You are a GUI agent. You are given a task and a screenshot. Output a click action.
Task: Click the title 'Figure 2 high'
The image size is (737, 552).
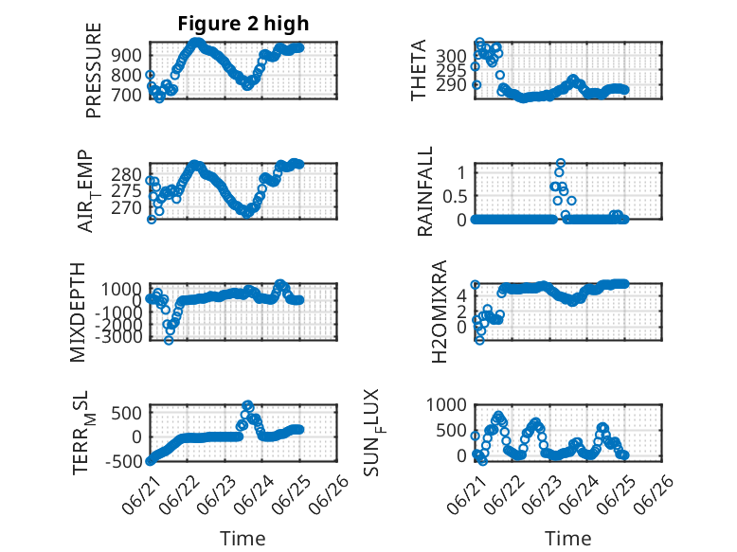pos(243,24)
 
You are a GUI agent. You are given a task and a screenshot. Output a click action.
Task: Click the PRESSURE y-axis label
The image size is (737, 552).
pos(94,70)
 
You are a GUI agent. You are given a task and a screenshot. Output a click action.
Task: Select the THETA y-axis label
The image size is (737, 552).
pos(418,70)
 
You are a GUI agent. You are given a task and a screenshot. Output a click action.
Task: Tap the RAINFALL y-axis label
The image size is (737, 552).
pos(424,191)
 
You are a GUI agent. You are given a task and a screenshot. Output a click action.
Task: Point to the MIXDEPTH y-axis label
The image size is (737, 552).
pos(78,312)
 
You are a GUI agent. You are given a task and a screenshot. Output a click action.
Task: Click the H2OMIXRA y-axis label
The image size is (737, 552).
pos(439,312)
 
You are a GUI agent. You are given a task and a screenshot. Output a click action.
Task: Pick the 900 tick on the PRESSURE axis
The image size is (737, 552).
pos(126,55)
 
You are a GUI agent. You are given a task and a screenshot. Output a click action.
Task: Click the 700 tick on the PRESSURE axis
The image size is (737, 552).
pos(126,95)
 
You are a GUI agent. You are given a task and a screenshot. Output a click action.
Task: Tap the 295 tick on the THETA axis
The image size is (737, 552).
pos(451,70)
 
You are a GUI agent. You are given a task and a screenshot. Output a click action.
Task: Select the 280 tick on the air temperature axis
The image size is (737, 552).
pos(126,175)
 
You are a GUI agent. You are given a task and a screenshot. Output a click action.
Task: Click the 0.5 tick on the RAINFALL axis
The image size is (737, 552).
pos(455,196)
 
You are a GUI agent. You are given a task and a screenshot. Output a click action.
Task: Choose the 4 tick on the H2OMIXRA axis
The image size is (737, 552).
pos(461,296)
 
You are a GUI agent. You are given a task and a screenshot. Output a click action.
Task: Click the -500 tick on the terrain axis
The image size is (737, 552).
pos(123,461)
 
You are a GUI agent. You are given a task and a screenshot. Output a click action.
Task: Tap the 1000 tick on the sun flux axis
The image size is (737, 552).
pos(446,404)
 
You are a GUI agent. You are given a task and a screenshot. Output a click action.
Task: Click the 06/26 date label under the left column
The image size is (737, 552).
pos(328,493)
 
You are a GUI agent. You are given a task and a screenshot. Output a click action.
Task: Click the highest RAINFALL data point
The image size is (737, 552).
pos(560,163)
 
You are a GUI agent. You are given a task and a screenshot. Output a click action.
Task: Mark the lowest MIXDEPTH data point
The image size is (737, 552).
pos(169,340)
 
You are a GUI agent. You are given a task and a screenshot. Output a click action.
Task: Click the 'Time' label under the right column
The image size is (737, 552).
pos(567,539)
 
